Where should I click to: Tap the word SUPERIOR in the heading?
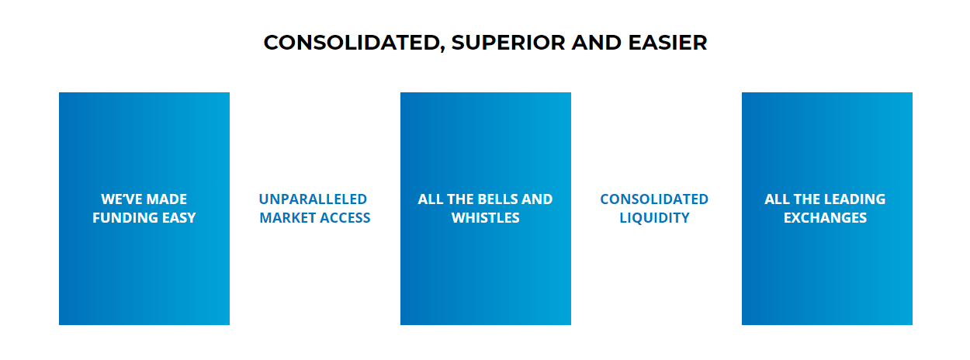click(x=508, y=43)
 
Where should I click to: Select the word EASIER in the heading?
click(x=667, y=43)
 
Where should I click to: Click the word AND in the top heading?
click(x=596, y=43)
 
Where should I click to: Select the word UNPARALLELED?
click(x=313, y=199)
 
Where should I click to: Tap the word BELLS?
click(x=497, y=199)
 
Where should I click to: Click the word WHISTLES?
click(x=486, y=217)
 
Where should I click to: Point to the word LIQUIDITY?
click(x=654, y=217)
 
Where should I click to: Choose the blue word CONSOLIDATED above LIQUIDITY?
click(x=654, y=199)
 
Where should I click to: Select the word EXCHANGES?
click(x=826, y=217)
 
